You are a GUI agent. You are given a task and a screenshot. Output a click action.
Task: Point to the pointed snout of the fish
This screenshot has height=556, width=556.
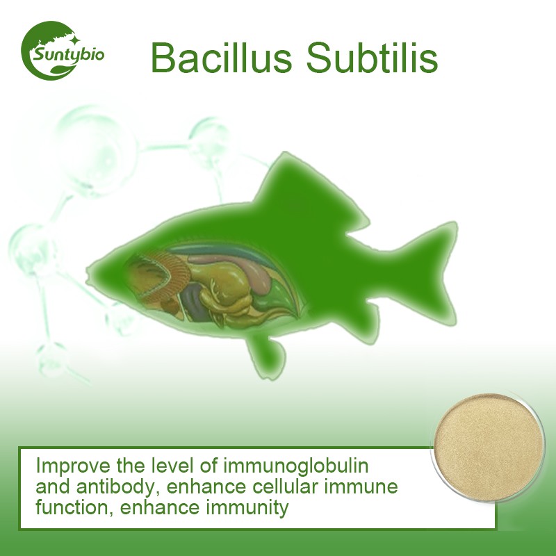pos(90,268)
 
